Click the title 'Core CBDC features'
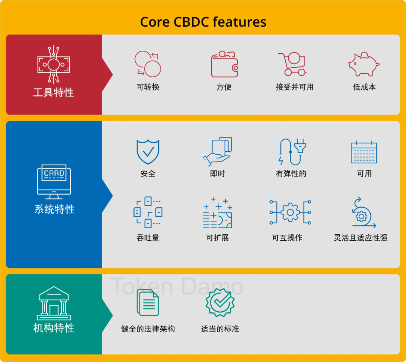click(x=203, y=22)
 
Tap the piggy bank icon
click(x=364, y=65)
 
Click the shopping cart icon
click(x=292, y=64)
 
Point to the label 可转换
click(x=148, y=87)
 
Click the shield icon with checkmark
click(x=148, y=152)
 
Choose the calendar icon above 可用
click(x=364, y=152)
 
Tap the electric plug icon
click(x=292, y=152)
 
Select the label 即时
click(x=217, y=173)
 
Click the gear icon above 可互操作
click(x=290, y=213)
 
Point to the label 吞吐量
click(x=148, y=238)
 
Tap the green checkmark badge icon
click(x=220, y=302)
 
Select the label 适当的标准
click(x=220, y=329)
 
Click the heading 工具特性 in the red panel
click(x=53, y=92)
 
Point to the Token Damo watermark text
click(x=177, y=287)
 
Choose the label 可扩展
click(x=217, y=238)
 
